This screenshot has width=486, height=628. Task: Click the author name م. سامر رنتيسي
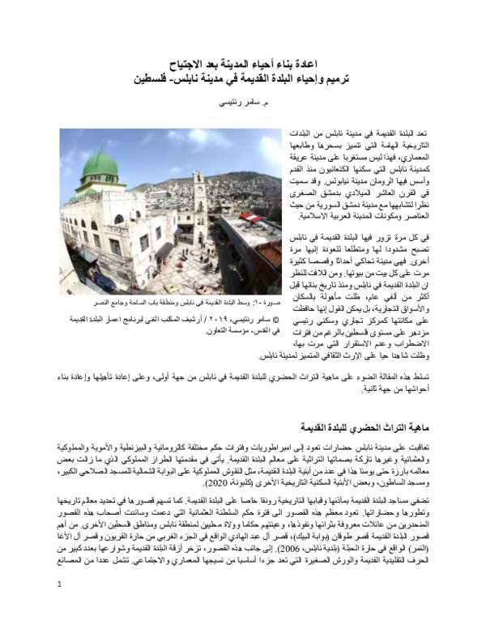[x=243, y=105]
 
